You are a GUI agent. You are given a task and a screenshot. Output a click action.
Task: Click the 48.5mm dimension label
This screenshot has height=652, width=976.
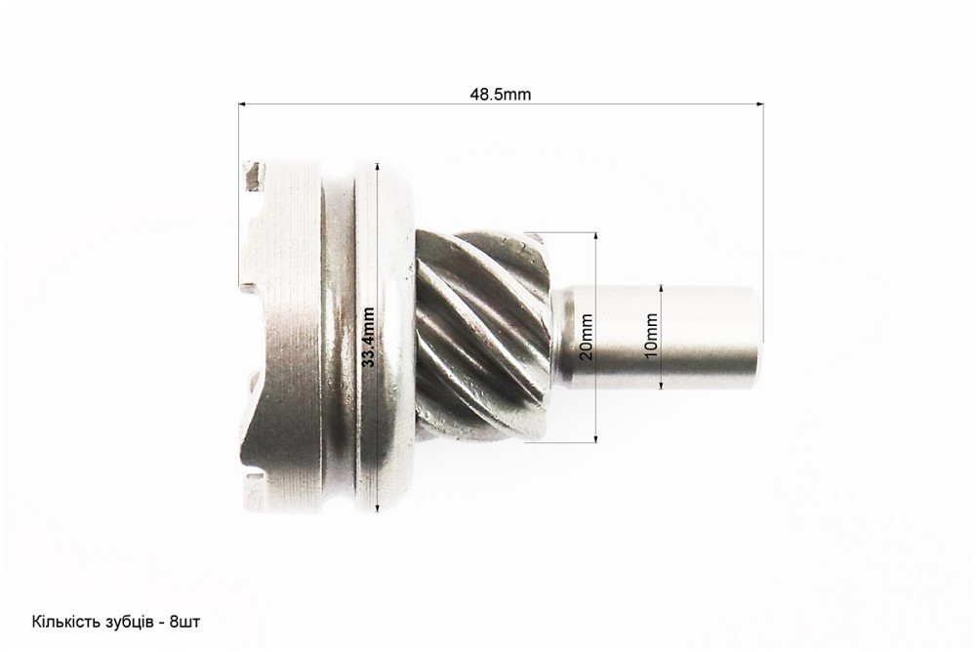[x=500, y=95]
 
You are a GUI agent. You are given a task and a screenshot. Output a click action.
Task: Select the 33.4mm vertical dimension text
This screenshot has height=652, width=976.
[x=369, y=337]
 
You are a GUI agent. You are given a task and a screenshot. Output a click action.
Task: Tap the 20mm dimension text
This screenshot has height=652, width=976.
[x=586, y=337]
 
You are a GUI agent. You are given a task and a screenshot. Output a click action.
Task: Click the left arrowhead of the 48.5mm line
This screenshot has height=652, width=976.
[x=242, y=104]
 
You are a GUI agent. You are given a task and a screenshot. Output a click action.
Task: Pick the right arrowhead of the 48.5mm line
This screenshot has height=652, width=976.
[x=759, y=104]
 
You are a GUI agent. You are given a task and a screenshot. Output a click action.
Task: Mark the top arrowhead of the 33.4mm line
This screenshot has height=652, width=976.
[x=377, y=167]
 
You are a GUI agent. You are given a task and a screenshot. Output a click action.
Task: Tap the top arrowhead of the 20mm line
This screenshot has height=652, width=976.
[x=595, y=237]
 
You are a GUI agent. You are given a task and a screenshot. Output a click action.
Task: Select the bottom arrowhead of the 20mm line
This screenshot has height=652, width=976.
[x=595, y=438]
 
